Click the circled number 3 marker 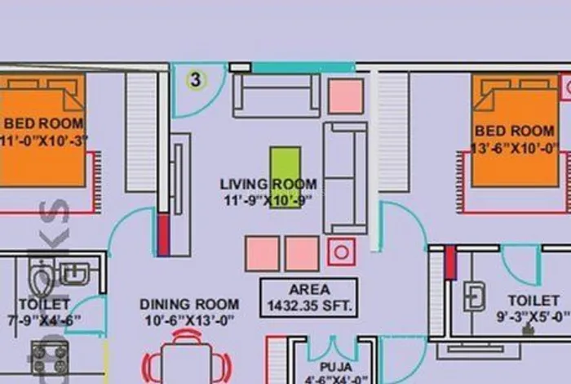(195, 79)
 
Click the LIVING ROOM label (268, 184)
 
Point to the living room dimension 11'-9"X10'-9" (268, 199)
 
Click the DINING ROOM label (189, 304)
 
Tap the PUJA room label (335, 368)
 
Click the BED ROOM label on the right (515, 131)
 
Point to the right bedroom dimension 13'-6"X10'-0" (515, 148)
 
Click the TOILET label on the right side (533, 301)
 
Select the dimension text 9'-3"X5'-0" (533, 316)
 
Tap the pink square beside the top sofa (346, 96)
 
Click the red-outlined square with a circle (341, 252)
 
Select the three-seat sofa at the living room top (276, 96)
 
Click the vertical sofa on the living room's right (344, 177)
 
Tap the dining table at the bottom (187, 363)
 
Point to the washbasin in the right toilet (474, 296)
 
